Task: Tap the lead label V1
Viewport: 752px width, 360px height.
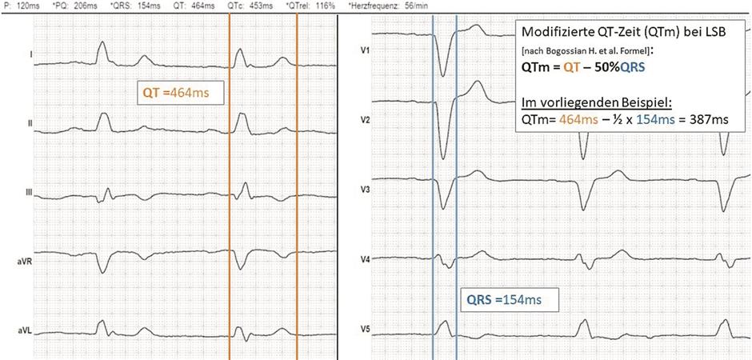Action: (x=366, y=50)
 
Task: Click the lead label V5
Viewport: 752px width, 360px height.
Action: (x=366, y=330)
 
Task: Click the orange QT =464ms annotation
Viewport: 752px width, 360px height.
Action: (x=181, y=94)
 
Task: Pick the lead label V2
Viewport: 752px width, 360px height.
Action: (x=366, y=119)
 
